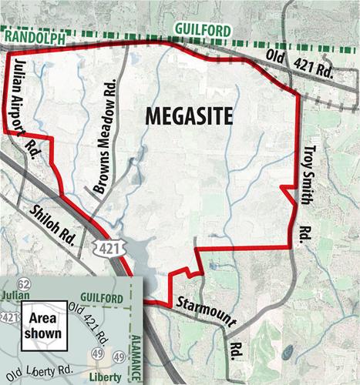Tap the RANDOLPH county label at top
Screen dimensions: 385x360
(x=35, y=32)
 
